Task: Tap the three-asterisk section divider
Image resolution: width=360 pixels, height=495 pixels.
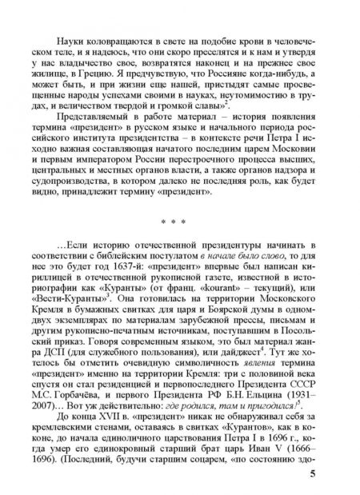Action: click(179, 238)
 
